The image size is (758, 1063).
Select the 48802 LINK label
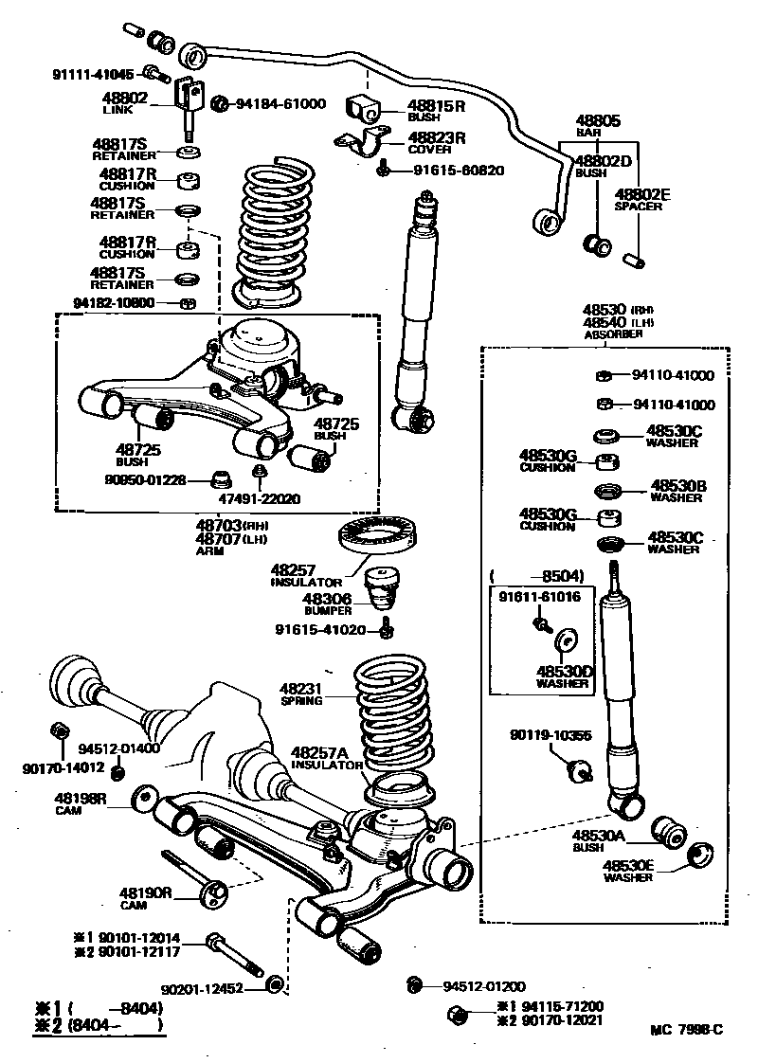[124, 102]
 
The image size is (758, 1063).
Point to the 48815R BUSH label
[436, 111]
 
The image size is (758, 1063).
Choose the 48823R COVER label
[436, 142]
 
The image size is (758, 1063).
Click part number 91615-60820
[459, 171]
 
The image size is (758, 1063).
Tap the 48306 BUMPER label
[327, 604]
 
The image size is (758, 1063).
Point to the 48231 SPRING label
[302, 694]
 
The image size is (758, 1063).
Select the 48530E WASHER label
[629, 871]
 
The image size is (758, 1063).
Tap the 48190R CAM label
[145, 897]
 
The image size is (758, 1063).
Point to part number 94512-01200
[483, 985]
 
